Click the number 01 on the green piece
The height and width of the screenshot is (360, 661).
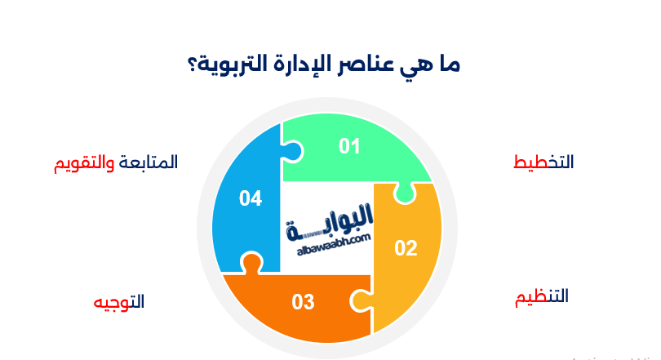[350, 147]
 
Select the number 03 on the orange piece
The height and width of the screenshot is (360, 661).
[304, 303]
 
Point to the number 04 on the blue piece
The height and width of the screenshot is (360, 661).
[251, 198]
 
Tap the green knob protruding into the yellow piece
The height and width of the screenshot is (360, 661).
[401, 192]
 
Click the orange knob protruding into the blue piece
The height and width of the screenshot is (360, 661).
[251, 264]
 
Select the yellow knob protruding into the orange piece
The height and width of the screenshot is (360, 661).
[359, 300]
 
